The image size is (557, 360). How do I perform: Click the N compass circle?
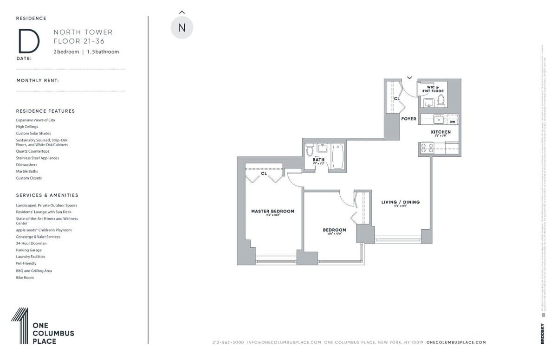pyautogui.click(x=182, y=27)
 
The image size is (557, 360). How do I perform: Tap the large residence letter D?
pyautogui.click(x=28, y=42)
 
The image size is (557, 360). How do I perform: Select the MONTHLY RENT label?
pyautogui.click(x=38, y=80)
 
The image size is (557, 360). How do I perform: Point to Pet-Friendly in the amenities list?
pyautogui.click(x=26, y=264)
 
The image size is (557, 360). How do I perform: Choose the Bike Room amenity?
pyautogui.click(x=25, y=277)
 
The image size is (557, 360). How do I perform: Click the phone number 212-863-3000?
pyautogui.click(x=228, y=342)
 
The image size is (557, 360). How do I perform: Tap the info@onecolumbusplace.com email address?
pyautogui.click(x=284, y=342)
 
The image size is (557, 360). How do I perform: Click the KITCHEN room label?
pyautogui.click(x=440, y=132)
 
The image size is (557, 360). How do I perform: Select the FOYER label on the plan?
pyautogui.click(x=409, y=119)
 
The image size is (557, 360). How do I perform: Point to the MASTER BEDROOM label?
pyautogui.click(x=272, y=211)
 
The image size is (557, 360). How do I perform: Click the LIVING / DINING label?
pyautogui.click(x=400, y=202)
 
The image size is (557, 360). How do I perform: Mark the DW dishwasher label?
pyautogui.click(x=452, y=122)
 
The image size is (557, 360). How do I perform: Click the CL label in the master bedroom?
pyautogui.click(x=264, y=174)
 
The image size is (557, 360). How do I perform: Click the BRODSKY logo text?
pyautogui.click(x=542, y=334)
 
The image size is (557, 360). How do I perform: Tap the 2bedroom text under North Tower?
pyautogui.click(x=66, y=52)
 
